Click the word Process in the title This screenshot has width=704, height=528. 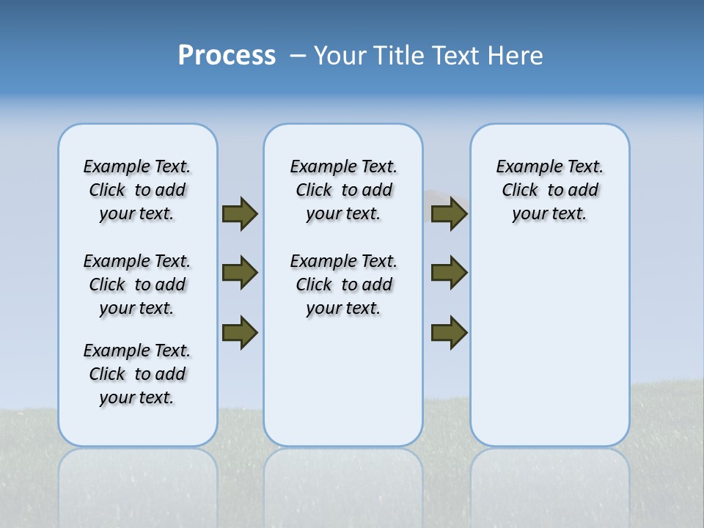click(227, 55)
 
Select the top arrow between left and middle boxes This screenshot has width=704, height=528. click(240, 213)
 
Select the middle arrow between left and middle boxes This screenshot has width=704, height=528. click(240, 273)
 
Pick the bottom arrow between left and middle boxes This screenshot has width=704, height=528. click(240, 331)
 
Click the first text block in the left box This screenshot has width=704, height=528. click(137, 190)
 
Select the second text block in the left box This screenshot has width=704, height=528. click(137, 285)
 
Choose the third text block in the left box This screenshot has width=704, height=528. click(137, 374)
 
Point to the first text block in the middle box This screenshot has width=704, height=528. click(343, 190)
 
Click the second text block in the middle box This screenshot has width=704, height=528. click(343, 285)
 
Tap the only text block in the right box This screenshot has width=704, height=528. click(550, 190)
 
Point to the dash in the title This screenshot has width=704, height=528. click(298, 56)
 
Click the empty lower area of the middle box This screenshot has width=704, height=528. click(343, 381)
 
